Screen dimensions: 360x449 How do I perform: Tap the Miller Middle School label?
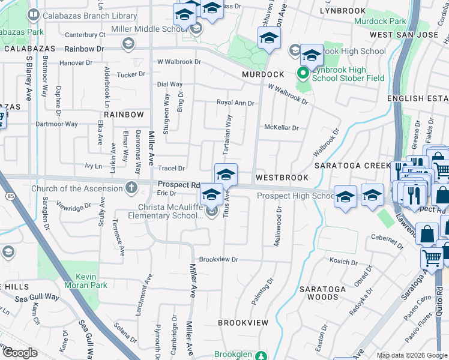[x=143, y=29]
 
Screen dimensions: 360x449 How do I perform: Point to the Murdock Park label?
[x=380, y=21]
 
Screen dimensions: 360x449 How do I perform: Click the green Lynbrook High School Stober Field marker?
[x=303, y=74]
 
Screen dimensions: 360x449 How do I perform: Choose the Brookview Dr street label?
[x=219, y=260]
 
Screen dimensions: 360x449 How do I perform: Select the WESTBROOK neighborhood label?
[x=282, y=178]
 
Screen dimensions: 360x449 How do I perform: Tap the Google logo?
[x=19, y=353]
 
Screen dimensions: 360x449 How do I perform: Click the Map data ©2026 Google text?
[x=412, y=355]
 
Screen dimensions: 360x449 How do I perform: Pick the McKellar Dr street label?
[x=282, y=128]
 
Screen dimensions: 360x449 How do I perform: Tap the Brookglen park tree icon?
[x=260, y=356]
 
